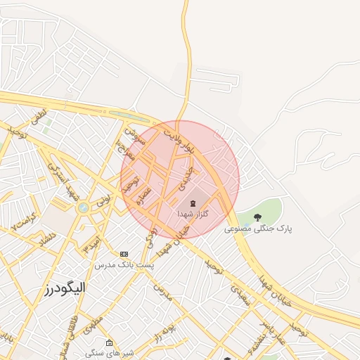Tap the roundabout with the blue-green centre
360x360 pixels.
pos(83,207)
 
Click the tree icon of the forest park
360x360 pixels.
pos(257,217)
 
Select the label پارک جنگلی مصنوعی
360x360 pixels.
pos(257,229)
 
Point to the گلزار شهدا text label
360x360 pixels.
pos(193,212)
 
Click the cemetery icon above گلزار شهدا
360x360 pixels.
pos(193,202)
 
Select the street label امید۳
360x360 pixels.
pos(92,245)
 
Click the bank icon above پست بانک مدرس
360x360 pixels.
pos(124,254)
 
